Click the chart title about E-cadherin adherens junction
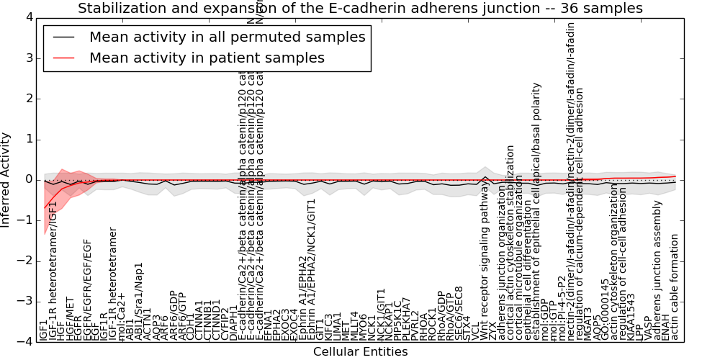360,9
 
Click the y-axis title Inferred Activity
6,179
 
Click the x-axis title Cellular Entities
360,352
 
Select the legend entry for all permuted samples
227,37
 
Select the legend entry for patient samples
207,58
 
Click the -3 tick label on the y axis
27,301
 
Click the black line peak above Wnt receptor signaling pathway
485,176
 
